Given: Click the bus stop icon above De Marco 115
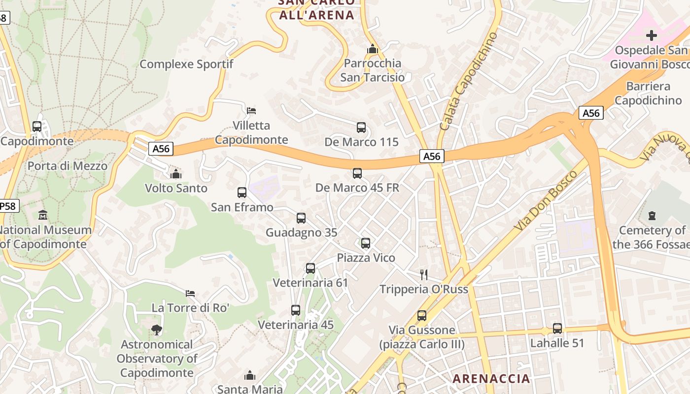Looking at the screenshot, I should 361,128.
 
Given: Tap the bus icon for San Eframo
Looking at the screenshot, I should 242,193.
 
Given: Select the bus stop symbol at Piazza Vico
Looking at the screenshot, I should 366,243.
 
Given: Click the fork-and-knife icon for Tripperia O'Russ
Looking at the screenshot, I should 423,274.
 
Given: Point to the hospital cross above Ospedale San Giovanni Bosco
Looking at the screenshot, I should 652,35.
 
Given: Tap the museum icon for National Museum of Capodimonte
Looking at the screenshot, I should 43,215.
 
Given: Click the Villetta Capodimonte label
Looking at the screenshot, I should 251,132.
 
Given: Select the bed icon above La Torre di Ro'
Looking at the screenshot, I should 190,294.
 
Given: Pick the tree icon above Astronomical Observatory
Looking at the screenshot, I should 157,329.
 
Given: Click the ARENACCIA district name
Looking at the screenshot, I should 491,378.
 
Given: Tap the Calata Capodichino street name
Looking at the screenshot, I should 468,81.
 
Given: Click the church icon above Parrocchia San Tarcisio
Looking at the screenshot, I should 373,49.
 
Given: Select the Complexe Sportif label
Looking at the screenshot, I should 186,64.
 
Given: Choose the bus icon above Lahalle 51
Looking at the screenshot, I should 557,328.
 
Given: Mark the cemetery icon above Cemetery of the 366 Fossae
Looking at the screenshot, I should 652,216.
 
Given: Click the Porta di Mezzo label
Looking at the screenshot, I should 68,166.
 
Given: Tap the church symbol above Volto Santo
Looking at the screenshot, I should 176,174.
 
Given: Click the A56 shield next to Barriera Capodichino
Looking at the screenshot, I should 591,113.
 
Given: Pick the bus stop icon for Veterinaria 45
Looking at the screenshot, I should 296,310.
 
